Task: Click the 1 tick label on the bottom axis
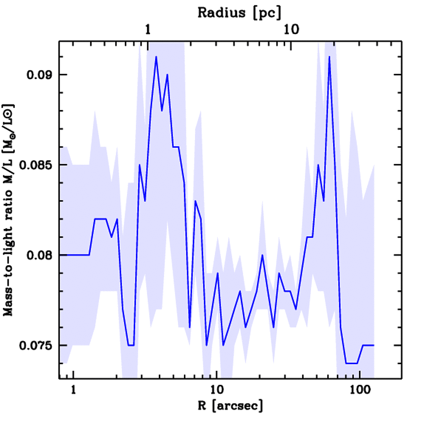(x=73, y=390)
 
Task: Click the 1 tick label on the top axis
(x=148, y=30)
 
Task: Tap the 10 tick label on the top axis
(x=291, y=30)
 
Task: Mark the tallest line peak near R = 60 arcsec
(x=329, y=57)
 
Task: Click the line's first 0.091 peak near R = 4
(x=156, y=57)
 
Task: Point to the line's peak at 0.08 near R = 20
(x=262, y=255)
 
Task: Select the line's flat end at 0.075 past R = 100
(x=369, y=345)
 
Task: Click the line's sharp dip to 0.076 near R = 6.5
(x=190, y=327)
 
